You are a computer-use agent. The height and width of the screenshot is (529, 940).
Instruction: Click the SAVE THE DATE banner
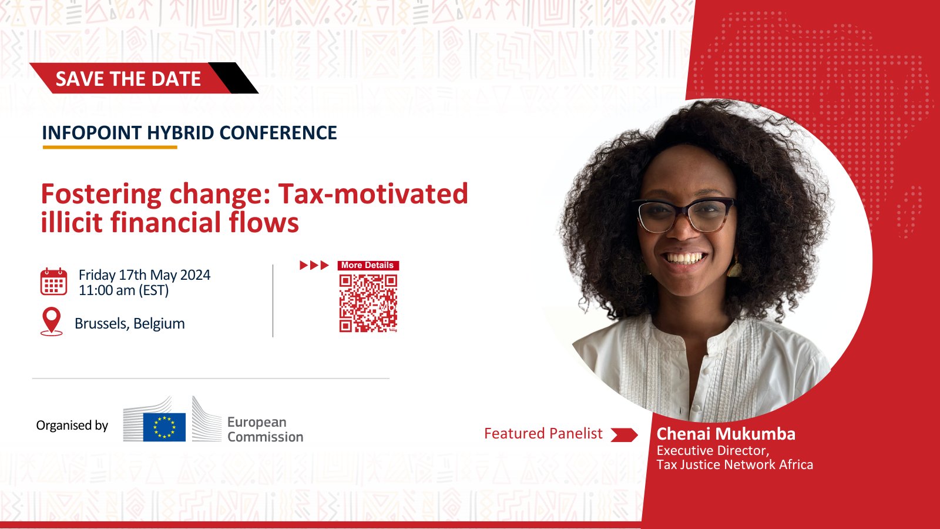[x=143, y=78]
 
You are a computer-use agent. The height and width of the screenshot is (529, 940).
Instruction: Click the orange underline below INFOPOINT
[x=110, y=147]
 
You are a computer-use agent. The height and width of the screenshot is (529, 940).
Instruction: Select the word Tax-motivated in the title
[x=372, y=193]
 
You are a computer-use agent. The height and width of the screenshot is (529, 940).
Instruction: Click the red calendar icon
[x=53, y=282]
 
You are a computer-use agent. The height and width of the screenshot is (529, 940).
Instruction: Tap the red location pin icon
[x=52, y=322]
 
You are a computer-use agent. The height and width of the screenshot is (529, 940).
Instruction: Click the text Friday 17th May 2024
[x=145, y=275]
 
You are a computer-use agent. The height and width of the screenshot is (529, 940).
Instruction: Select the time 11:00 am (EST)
[x=124, y=290]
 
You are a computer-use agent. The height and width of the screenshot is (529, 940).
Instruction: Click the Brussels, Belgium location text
[x=130, y=324]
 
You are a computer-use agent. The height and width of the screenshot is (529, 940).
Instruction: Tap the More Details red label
[x=368, y=265]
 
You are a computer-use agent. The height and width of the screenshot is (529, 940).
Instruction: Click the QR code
[x=368, y=303]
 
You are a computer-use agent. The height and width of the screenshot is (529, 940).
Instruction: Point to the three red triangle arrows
[x=314, y=265]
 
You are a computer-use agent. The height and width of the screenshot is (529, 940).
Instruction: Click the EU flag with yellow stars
[x=164, y=427]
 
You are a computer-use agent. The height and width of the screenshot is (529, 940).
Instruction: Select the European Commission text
[x=265, y=429]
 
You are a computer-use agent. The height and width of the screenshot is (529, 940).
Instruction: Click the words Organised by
[x=72, y=426]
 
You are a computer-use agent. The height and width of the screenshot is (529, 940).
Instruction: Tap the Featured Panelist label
[x=543, y=433]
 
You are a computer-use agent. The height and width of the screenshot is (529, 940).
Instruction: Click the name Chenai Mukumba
[x=726, y=434]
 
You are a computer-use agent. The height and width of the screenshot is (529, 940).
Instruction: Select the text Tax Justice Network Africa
[x=735, y=464]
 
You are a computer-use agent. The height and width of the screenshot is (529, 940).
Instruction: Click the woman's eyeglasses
[x=684, y=215]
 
